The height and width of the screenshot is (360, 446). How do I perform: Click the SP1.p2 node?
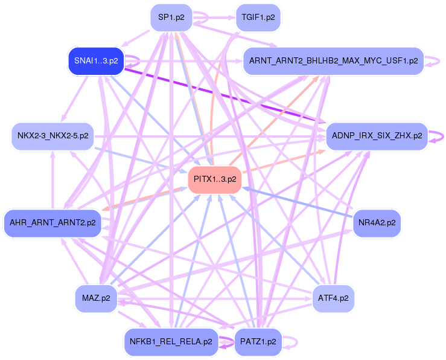[171, 17]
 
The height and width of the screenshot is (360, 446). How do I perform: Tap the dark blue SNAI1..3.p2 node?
[95, 61]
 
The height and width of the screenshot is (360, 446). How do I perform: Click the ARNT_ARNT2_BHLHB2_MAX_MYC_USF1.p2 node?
[333, 61]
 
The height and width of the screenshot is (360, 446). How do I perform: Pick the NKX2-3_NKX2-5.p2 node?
[53, 137]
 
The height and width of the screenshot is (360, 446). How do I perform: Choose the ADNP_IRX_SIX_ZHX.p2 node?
[377, 136]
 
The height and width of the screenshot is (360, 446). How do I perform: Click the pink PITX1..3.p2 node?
[215, 179]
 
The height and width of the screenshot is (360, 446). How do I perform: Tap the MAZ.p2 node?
[96, 298]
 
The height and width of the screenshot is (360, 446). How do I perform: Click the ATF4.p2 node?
[333, 298]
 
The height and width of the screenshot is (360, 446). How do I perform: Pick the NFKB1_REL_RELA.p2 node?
[170, 341]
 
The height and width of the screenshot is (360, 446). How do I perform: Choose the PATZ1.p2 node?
[257, 341]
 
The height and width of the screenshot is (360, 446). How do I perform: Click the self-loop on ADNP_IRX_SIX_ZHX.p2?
[436, 137]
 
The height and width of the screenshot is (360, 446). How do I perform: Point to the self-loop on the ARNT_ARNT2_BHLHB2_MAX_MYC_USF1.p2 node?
[433, 61]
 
